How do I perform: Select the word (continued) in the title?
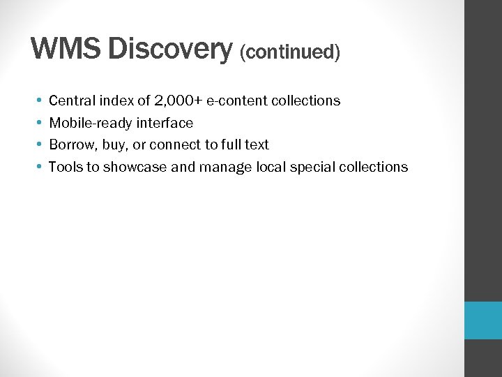(x=289, y=52)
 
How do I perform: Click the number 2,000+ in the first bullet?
(x=178, y=101)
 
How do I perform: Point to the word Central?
(x=73, y=101)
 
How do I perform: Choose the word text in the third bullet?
(x=256, y=145)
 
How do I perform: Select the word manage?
(x=221, y=168)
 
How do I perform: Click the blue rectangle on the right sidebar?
(x=483, y=320)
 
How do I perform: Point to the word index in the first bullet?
(x=116, y=101)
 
